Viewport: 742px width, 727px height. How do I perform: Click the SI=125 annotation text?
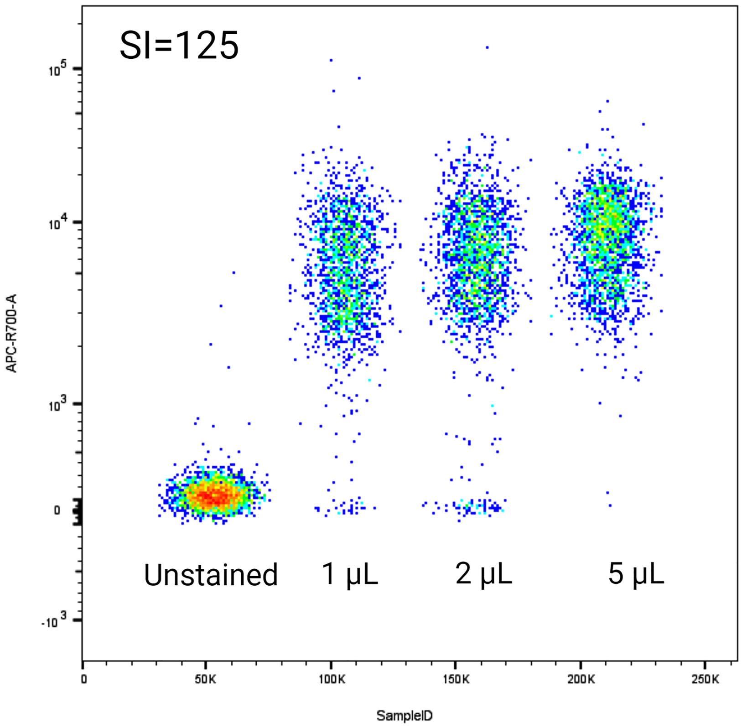pyautogui.click(x=179, y=46)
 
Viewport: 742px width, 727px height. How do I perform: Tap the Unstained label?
pyautogui.click(x=211, y=575)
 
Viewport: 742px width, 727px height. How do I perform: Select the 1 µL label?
pyautogui.click(x=350, y=574)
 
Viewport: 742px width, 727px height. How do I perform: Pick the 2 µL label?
pyautogui.click(x=484, y=574)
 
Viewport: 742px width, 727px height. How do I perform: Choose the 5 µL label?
pyautogui.click(x=636, y=574)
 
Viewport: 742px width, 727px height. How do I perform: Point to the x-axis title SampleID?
pyautogui.click(x=405, y=716)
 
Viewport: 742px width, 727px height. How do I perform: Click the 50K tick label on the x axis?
pyautogui.click(x=205, y=680)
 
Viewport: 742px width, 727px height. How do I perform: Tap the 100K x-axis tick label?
pyautogui.click(x=332, y=680)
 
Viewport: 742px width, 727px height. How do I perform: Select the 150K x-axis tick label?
pyautogui.click(x=456, y=680)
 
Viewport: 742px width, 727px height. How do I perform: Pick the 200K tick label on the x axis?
pyautogui.click(x=581, y=680)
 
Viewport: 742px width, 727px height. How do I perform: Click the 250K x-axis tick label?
pyautogui.click(x=705, y=680)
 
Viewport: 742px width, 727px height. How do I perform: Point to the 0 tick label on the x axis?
pyautogui.click(x=84, y=680)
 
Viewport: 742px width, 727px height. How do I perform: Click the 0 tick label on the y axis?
pyautogui.click(x=57, y=510)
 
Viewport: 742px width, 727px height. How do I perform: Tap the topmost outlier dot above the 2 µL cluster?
pyautogui.click(x=487, y=47)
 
